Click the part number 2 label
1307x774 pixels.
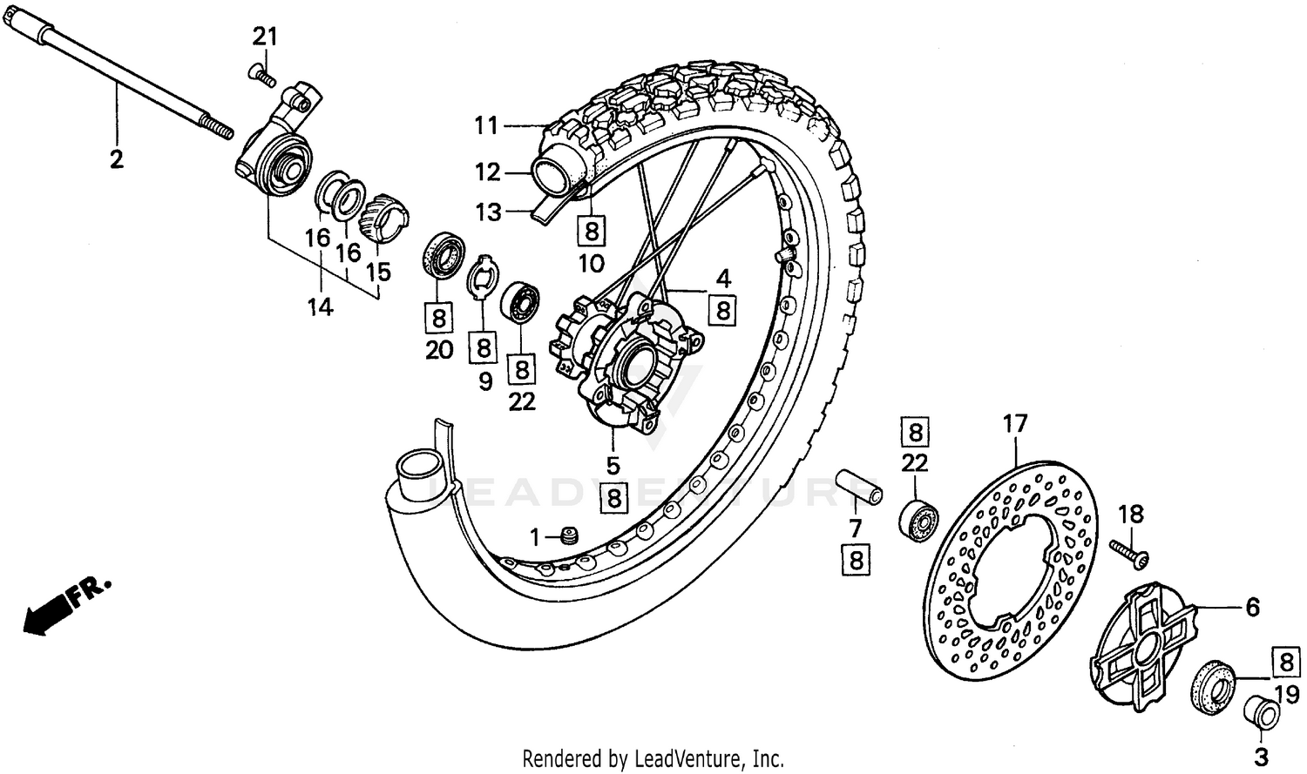pos(116,159)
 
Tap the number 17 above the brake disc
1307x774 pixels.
pos(1015,424)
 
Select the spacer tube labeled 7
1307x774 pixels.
pos(858,488)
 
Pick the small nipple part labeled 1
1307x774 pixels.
pos(570,537)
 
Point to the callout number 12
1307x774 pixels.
pos(487,172)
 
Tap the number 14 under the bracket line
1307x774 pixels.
pos(320,306)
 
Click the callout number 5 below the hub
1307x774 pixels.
pos(613,465)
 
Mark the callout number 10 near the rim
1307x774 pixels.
pos(592,262)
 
